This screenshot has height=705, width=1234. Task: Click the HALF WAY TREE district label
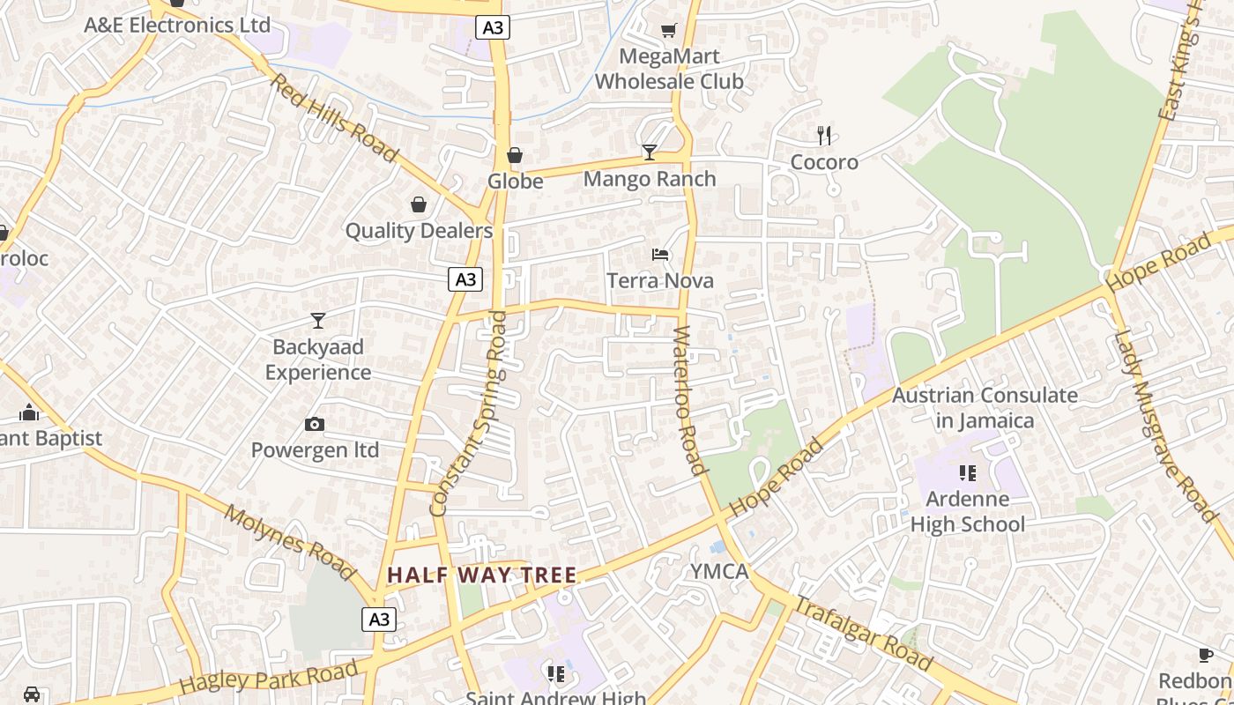pos(482,575)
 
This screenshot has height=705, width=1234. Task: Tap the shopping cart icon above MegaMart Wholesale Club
pos(669,31)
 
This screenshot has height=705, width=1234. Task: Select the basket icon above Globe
pos(515,156)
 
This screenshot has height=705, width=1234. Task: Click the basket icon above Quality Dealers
pos(419,205)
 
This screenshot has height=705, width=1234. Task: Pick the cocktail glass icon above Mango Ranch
pos(650,152)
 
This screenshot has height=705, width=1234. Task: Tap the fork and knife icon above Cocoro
pos(824,136)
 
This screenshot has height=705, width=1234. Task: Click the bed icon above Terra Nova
pos(660,255)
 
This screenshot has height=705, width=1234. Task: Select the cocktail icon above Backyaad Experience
pos(318,321)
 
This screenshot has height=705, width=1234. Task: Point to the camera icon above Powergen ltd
pos(315,425)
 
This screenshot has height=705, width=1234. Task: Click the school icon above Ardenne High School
pos(968,473)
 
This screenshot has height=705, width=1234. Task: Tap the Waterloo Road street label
pos(690,401)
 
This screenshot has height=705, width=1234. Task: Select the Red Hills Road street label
pos(334,118)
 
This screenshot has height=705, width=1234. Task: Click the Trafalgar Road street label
pos(863,634)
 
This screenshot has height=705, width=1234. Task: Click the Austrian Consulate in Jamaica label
pos(985,408)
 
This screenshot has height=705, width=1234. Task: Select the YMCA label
pos(719,572)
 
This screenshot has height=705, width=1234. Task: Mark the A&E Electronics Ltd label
pos(177,25)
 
